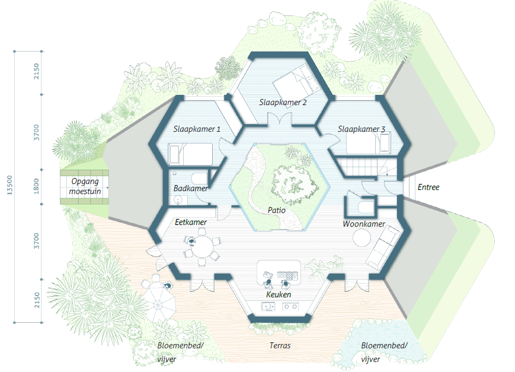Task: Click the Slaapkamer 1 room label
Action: [x=197, y=129]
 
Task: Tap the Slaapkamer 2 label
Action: [x=283, y=103]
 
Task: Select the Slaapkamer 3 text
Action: [x=362, y=129]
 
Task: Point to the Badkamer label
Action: [x=190, y=189]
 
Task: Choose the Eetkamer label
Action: [x=191, y=222]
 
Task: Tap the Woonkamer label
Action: [x=364, y=224]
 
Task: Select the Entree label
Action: [x=428, y=187]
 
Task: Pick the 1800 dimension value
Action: [x=37, y=187]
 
